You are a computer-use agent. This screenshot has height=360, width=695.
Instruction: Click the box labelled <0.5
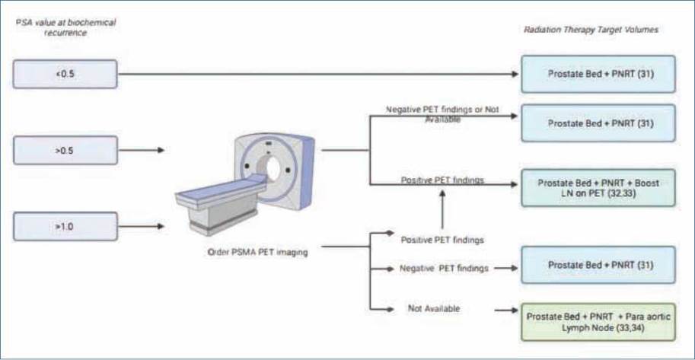pos(65,74)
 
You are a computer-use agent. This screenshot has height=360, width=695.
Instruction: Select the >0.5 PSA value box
pos(65,150)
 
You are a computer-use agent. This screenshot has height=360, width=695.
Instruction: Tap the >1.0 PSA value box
pos(65,227)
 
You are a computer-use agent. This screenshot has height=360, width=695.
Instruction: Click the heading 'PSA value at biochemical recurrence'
pos(65,27)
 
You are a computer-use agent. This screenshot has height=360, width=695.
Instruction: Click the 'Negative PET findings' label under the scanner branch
pos(444,268)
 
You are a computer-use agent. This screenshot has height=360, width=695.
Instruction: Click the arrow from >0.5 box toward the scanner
pos(141,150)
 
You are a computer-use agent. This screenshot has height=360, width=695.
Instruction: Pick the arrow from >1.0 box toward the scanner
pos(141,227)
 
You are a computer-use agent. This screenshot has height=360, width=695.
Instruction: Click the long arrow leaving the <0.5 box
pos(320,74)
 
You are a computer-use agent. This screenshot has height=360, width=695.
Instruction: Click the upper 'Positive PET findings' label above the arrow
pos(444,180)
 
